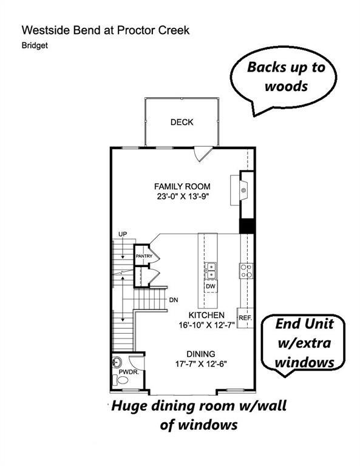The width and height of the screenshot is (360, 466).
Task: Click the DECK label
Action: click(x=182, y=122)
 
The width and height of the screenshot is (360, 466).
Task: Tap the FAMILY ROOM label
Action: click(x=182, y=186)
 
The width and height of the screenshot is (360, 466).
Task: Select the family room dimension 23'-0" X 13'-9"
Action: click(x=182, y=197)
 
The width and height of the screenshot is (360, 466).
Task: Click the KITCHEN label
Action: click(x=206, y=316)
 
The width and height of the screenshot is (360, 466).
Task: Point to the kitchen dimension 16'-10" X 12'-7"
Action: click(x=206, y=326)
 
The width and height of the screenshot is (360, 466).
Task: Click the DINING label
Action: click(x=201, y=354)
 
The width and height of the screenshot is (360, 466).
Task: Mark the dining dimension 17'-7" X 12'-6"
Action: click(x=201, y=365)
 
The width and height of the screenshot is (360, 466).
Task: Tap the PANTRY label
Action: click(x=143, y=256)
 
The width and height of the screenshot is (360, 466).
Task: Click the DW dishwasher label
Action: click(x=211, y=286)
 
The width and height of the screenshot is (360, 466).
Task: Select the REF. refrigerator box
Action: click(x=245, y=319)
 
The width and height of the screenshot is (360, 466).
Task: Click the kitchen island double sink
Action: click(x=211, y=269)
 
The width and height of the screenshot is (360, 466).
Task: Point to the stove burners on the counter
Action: click(x=246, y=271)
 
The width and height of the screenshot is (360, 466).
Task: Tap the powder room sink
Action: click(x=118, y=363)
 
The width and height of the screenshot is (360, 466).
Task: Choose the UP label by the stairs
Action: click(x=121, y=234)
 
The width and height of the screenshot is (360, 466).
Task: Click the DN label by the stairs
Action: click(x=173, y=300)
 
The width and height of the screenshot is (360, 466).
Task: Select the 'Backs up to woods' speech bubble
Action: click(x=285, y=77)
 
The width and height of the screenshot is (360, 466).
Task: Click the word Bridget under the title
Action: click(x=34, y=45)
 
